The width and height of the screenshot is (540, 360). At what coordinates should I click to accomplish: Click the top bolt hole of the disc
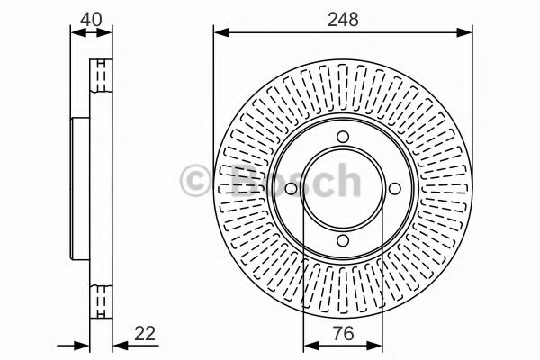[x=343, y=137]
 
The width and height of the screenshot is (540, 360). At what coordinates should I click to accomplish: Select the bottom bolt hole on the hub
[x=343, y=240]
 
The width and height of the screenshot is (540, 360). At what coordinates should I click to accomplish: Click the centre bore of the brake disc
[x=343, y=189]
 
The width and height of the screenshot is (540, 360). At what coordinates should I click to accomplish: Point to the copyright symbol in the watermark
[x=197, y=177]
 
